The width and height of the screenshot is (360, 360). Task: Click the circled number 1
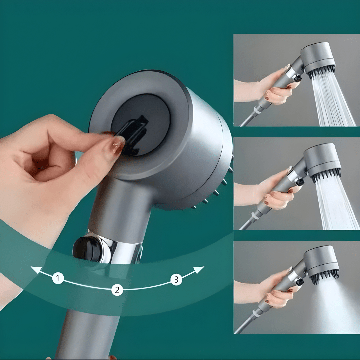(58, 278)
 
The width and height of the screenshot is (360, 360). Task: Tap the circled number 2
(117, 290)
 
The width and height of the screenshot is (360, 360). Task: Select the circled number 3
(176, 280)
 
